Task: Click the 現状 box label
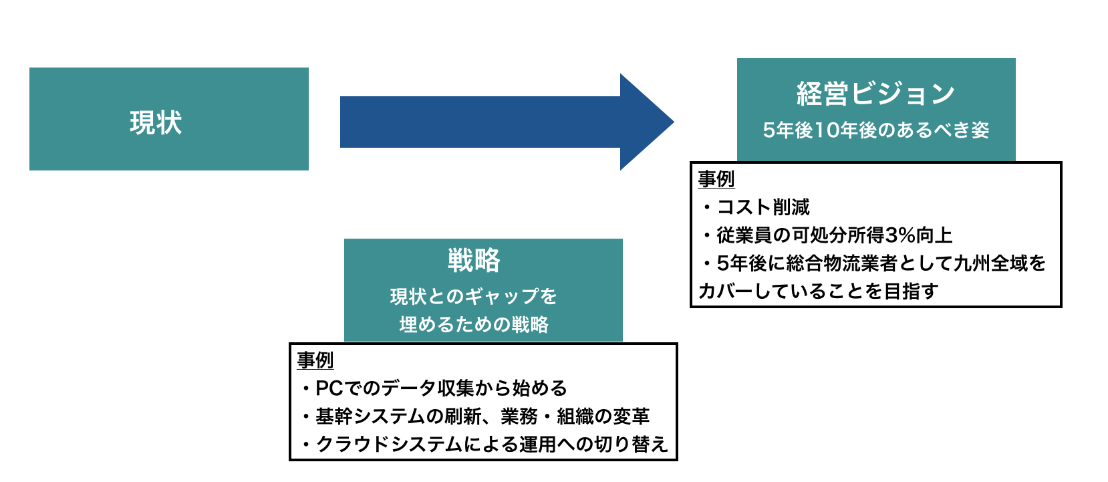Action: pyautogui.click(x=156, y=123)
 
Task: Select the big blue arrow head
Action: pyautogui.click(x=644, y=122)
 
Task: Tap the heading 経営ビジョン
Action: pyautogui.click(x=875, y=94)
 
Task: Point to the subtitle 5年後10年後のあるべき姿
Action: pyautogui.click(x=875, y=130)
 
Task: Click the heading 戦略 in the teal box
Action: pyautogui.click(x=474, y=260)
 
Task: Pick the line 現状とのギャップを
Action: pyautogui.click(x=474, y=296)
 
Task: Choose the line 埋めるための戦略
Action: pyautogui.click(x=474, y=324)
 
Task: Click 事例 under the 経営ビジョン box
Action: pyautogui.click(x=716, y=179)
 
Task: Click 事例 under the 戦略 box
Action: pyautogui.click(x=315, y=360)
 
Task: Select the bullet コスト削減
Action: pyautogui.click(x=763, y=207)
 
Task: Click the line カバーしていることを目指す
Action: pyautogui.click(x=818, y=291)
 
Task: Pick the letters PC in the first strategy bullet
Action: pyautogui.click(x=329, y=388)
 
